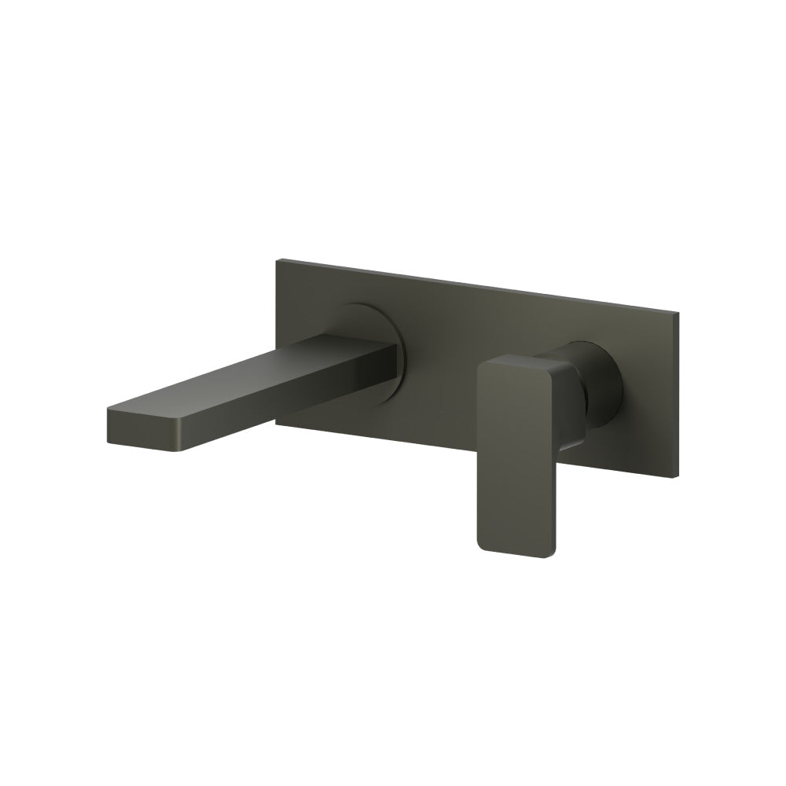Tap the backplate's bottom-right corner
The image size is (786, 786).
pyautogui.click(x=678, y=476)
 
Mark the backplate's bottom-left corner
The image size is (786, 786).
pyautogui.click(x=276, y=428)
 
